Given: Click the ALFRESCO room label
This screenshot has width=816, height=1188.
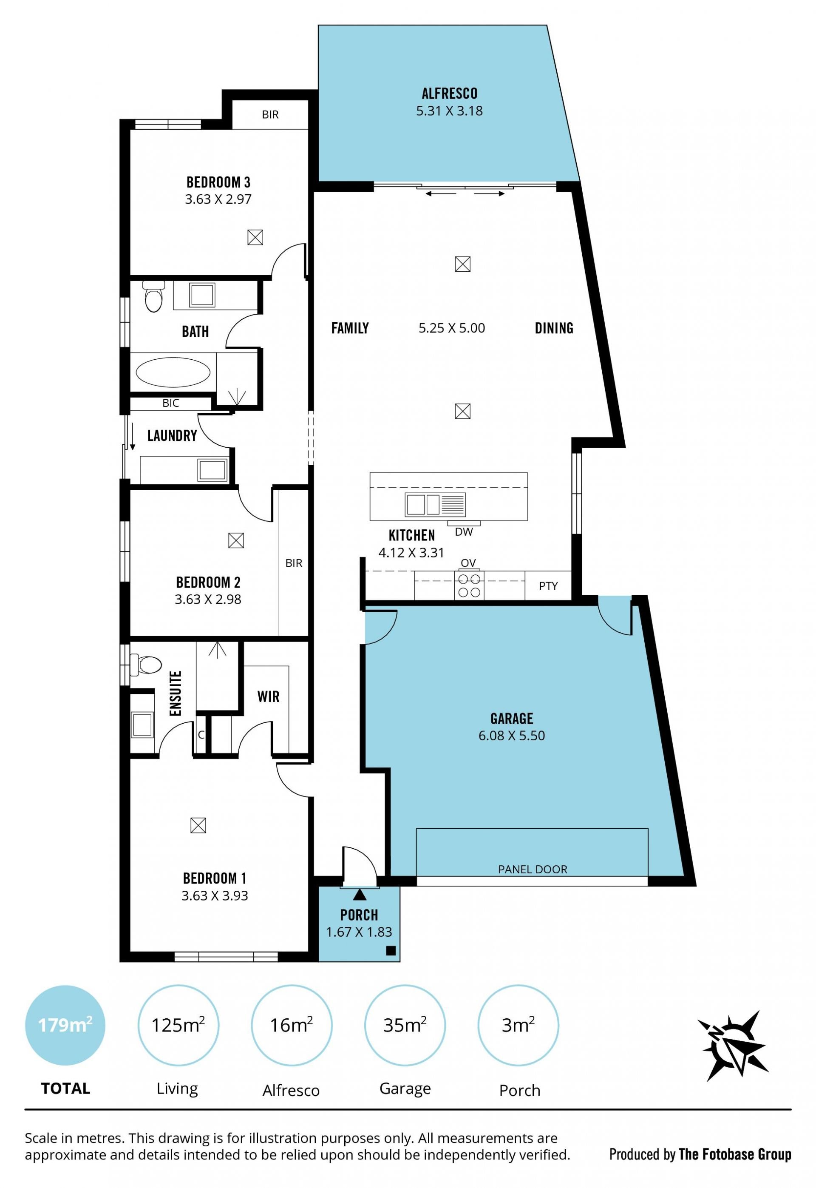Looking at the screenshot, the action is pyautogui.click(x=449, y=94).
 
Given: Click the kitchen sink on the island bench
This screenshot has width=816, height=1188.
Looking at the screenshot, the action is pyautogui.click(x=435, y=504).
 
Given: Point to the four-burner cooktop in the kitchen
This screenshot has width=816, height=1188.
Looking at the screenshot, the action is pyautogui.click(x=469, y=585).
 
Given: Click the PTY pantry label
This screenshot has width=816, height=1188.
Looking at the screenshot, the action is pyautogui.click(x=548, y=586).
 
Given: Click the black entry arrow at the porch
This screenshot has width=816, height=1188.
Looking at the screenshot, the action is pyautogui.click(x=360, y=895).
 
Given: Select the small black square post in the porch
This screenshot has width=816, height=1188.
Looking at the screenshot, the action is pyautogui.click(x=391, y=951).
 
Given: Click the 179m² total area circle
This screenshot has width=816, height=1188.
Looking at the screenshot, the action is pyautogui.click(x=65, y=1026).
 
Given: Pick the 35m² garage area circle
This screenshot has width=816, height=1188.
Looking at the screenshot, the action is pyautogui.click(x=405, y=1026).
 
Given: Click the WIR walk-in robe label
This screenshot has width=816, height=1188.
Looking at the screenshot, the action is pyautogui.click(x=269, y=696).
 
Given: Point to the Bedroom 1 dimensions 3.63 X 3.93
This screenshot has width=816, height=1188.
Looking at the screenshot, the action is pyautogui.click(x=215, y=895).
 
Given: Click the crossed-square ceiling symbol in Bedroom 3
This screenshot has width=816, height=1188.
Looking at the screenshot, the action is pyautogui.click(x=255, y=237).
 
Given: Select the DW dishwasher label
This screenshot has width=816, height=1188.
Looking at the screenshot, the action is pyautogui.click(x=464, y=532).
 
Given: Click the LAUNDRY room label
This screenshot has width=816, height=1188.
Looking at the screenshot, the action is pyautogui.click(x=172, y=436).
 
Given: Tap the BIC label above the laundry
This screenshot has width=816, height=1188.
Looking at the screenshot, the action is pyautogui.click(x=171, y=403).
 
